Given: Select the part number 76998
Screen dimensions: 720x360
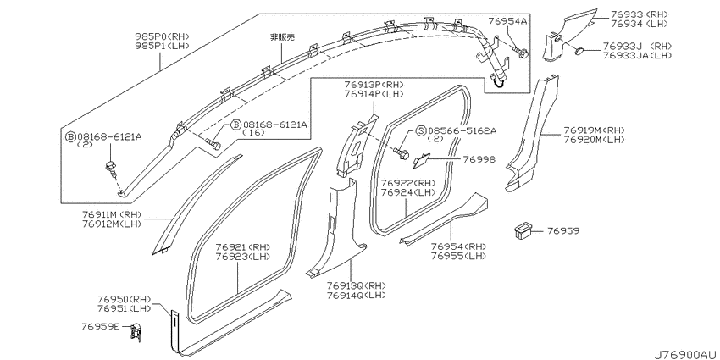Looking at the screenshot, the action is point(479,159).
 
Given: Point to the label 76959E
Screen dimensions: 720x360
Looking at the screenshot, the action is point(101,326).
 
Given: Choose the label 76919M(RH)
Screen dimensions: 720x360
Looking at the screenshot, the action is point(594,130).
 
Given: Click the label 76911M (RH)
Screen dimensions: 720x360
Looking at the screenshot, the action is point(112,215).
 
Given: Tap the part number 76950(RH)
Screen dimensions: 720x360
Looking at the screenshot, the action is point(124,299).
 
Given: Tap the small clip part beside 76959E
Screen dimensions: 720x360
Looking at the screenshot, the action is point(136,331).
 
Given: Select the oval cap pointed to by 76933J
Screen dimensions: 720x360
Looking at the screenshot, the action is point(580,50).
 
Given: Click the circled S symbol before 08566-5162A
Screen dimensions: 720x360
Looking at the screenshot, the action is point(422,131).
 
